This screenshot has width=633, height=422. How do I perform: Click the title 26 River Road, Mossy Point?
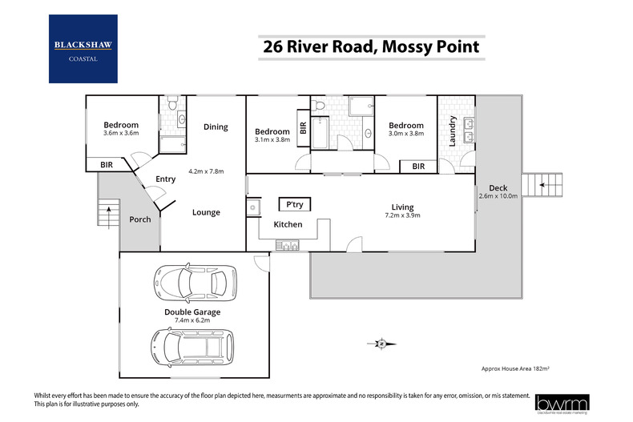371,47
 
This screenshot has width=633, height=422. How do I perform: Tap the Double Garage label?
192,312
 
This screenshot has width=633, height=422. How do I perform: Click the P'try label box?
294,205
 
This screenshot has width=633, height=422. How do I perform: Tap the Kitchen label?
288,224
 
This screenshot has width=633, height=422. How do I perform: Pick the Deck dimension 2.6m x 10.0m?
498,195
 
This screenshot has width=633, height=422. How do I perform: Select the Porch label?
140,219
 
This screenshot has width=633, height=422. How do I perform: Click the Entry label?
165,179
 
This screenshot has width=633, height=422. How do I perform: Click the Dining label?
216,127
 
